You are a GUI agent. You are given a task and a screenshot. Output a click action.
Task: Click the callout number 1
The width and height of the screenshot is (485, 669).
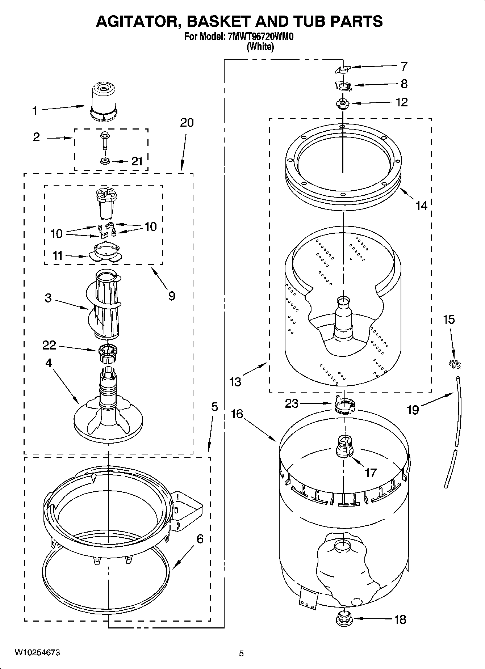34,111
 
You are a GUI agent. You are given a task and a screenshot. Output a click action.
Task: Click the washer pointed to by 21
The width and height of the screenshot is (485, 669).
105,161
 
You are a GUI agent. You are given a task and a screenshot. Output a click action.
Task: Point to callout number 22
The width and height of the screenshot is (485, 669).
49,345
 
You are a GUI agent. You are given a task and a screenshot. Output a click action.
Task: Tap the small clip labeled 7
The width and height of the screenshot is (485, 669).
343,69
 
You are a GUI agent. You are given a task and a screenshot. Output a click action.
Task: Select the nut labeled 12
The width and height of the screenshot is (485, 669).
342,103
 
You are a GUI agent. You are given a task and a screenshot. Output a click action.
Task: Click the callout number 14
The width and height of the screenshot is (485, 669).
421,206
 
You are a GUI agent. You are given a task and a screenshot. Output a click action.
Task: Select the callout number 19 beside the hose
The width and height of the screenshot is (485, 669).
413,410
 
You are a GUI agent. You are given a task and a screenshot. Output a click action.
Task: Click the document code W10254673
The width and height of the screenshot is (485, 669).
37,652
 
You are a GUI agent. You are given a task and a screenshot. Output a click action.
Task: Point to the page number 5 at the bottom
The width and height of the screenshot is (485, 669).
242,653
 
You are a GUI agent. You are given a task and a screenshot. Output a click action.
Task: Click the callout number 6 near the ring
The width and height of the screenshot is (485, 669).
200,539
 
